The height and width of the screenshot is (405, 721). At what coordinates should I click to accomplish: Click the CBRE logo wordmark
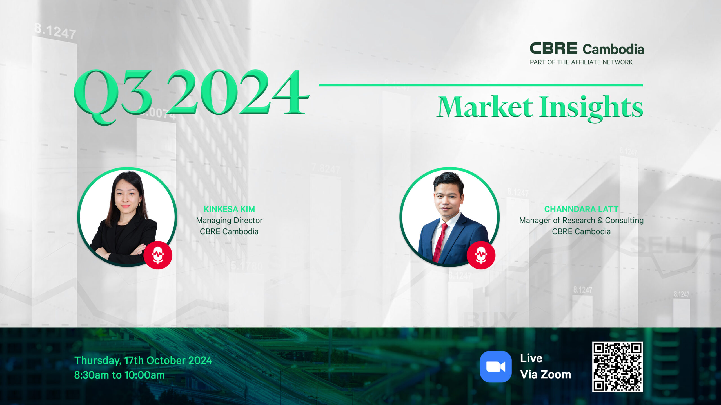tap(553, 48)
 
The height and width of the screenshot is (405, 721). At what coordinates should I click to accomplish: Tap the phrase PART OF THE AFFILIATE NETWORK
tap(581, 62)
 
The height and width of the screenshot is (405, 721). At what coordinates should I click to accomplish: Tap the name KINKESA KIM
tap(229, 209)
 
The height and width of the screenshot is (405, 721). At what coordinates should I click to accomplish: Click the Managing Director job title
tap(229, 220)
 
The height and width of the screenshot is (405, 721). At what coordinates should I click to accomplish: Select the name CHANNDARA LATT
tap(581, 209)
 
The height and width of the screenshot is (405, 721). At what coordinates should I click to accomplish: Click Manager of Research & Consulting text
tap(581, 220)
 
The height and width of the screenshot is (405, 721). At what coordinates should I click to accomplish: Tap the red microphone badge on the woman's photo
tap(158, 255)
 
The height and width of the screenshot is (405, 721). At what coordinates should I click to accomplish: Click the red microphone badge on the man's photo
tap(481, 255)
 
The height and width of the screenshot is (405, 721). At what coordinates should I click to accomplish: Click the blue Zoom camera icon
tap(496, 366)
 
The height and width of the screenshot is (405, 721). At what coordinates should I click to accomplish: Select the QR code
tap(618, 367)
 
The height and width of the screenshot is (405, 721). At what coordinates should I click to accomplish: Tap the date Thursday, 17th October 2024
tap(143, 361)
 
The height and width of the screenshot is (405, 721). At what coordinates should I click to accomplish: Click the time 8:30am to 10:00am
tap(119, 375)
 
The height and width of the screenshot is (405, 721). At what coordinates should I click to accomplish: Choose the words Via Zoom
tap(546, 375)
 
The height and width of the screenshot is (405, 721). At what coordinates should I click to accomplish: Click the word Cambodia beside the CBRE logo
tap(613, 49)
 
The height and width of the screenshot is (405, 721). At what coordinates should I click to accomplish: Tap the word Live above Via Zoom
tap(531, 358)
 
